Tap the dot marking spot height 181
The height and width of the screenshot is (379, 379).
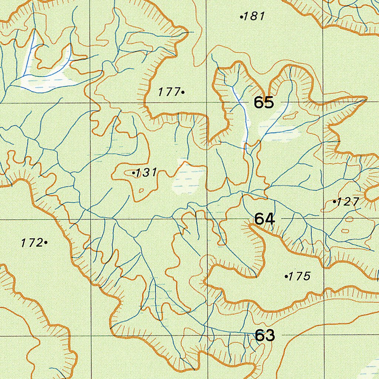click(x=242, y=17)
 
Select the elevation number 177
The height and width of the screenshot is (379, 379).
click(x=168, y=92)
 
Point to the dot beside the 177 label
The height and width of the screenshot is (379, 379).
click(x=183, y=91)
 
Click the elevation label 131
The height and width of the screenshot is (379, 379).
click(x=147, y=172)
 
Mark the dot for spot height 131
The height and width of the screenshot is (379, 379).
click(x=134, y=172)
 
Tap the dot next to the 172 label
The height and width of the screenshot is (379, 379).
click(x=46, y=242)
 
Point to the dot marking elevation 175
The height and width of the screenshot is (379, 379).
click(x=286, y=276)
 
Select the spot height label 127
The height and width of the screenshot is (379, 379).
click(x=348, y=202)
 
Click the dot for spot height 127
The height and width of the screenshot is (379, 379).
click(x=335, y=202)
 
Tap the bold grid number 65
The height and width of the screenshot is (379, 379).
click(x=264, y=103)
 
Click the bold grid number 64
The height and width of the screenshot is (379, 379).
click(x=265, y=219)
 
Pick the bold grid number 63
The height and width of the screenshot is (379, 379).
click(x=265, y=335)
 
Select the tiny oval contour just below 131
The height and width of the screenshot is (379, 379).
click(x=141, y=191)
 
